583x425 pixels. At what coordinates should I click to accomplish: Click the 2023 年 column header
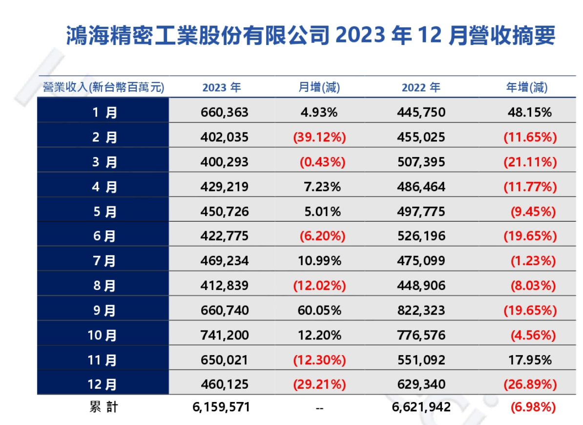pos(222,88)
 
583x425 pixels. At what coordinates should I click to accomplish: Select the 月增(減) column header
pos(319,88)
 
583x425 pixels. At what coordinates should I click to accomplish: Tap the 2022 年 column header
pos(421,88)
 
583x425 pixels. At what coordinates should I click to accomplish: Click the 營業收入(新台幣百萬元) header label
pos(103,88)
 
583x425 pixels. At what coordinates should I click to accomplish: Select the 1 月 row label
pos(104,112)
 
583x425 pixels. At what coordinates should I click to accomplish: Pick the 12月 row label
pos(103,384)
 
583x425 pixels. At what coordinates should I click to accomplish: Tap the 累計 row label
pos(104,407)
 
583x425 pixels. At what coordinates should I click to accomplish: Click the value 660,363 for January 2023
pos(224,112)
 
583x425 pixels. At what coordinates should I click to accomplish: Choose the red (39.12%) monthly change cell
pos(319,137)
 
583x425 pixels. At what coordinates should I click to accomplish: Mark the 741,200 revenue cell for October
pos(224,335)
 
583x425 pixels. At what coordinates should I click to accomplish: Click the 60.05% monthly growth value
pos(319,311)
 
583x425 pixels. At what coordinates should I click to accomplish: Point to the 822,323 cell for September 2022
pos(421,311)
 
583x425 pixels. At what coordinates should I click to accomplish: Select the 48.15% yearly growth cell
pos(530,112)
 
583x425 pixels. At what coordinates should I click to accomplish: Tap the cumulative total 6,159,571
pos(222,407)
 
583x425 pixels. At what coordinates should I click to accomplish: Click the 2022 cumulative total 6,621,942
pos(421,407)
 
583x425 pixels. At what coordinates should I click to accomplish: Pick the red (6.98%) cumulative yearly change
pos(533,407)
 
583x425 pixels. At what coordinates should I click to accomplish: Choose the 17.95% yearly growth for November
pos(530,360)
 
